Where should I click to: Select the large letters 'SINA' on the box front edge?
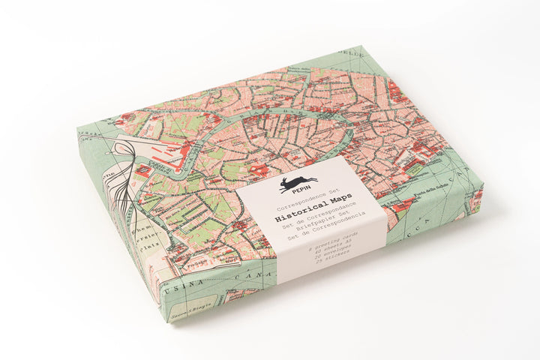tap(184, 280)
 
